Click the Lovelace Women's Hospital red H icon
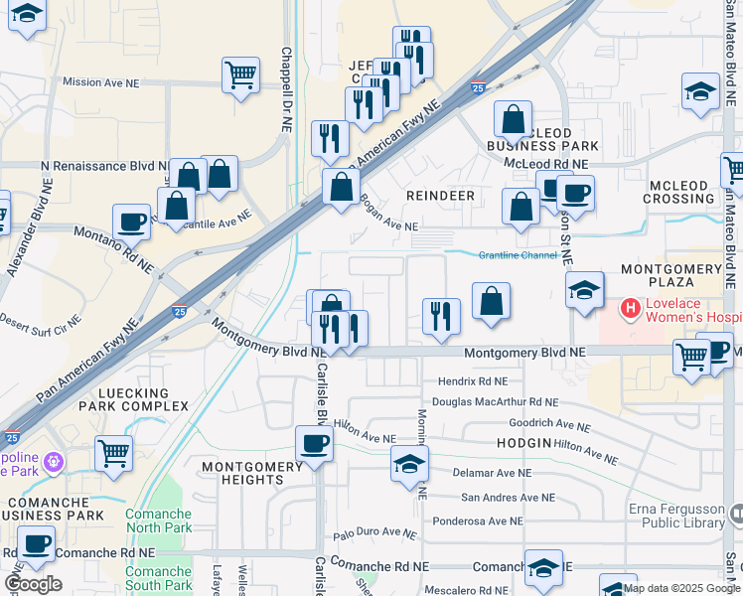click(x=629, y=310)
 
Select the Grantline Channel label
click(x=518, y=255)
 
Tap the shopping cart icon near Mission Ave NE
click(x=241, y=74)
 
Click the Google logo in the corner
click(x=32, y=584)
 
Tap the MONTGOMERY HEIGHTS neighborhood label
click(x=251, y=473)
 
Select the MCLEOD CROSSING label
click(x=681, y=192)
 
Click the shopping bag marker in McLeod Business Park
click(x=514, y=119)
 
